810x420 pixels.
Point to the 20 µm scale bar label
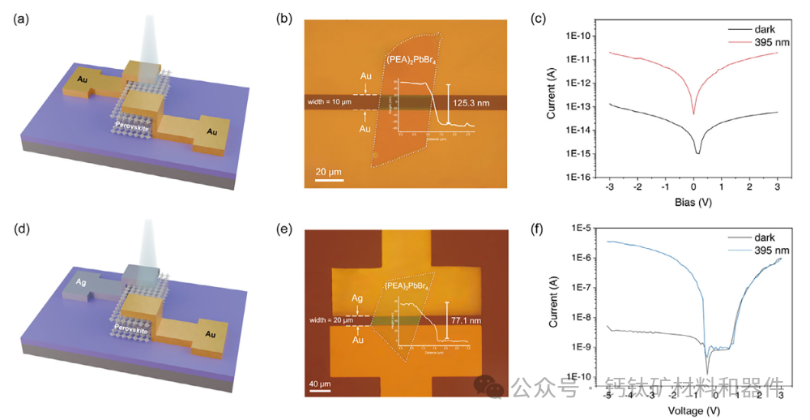[326, 171]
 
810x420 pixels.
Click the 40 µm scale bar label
[321, 384]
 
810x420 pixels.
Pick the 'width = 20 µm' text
[333, 320]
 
